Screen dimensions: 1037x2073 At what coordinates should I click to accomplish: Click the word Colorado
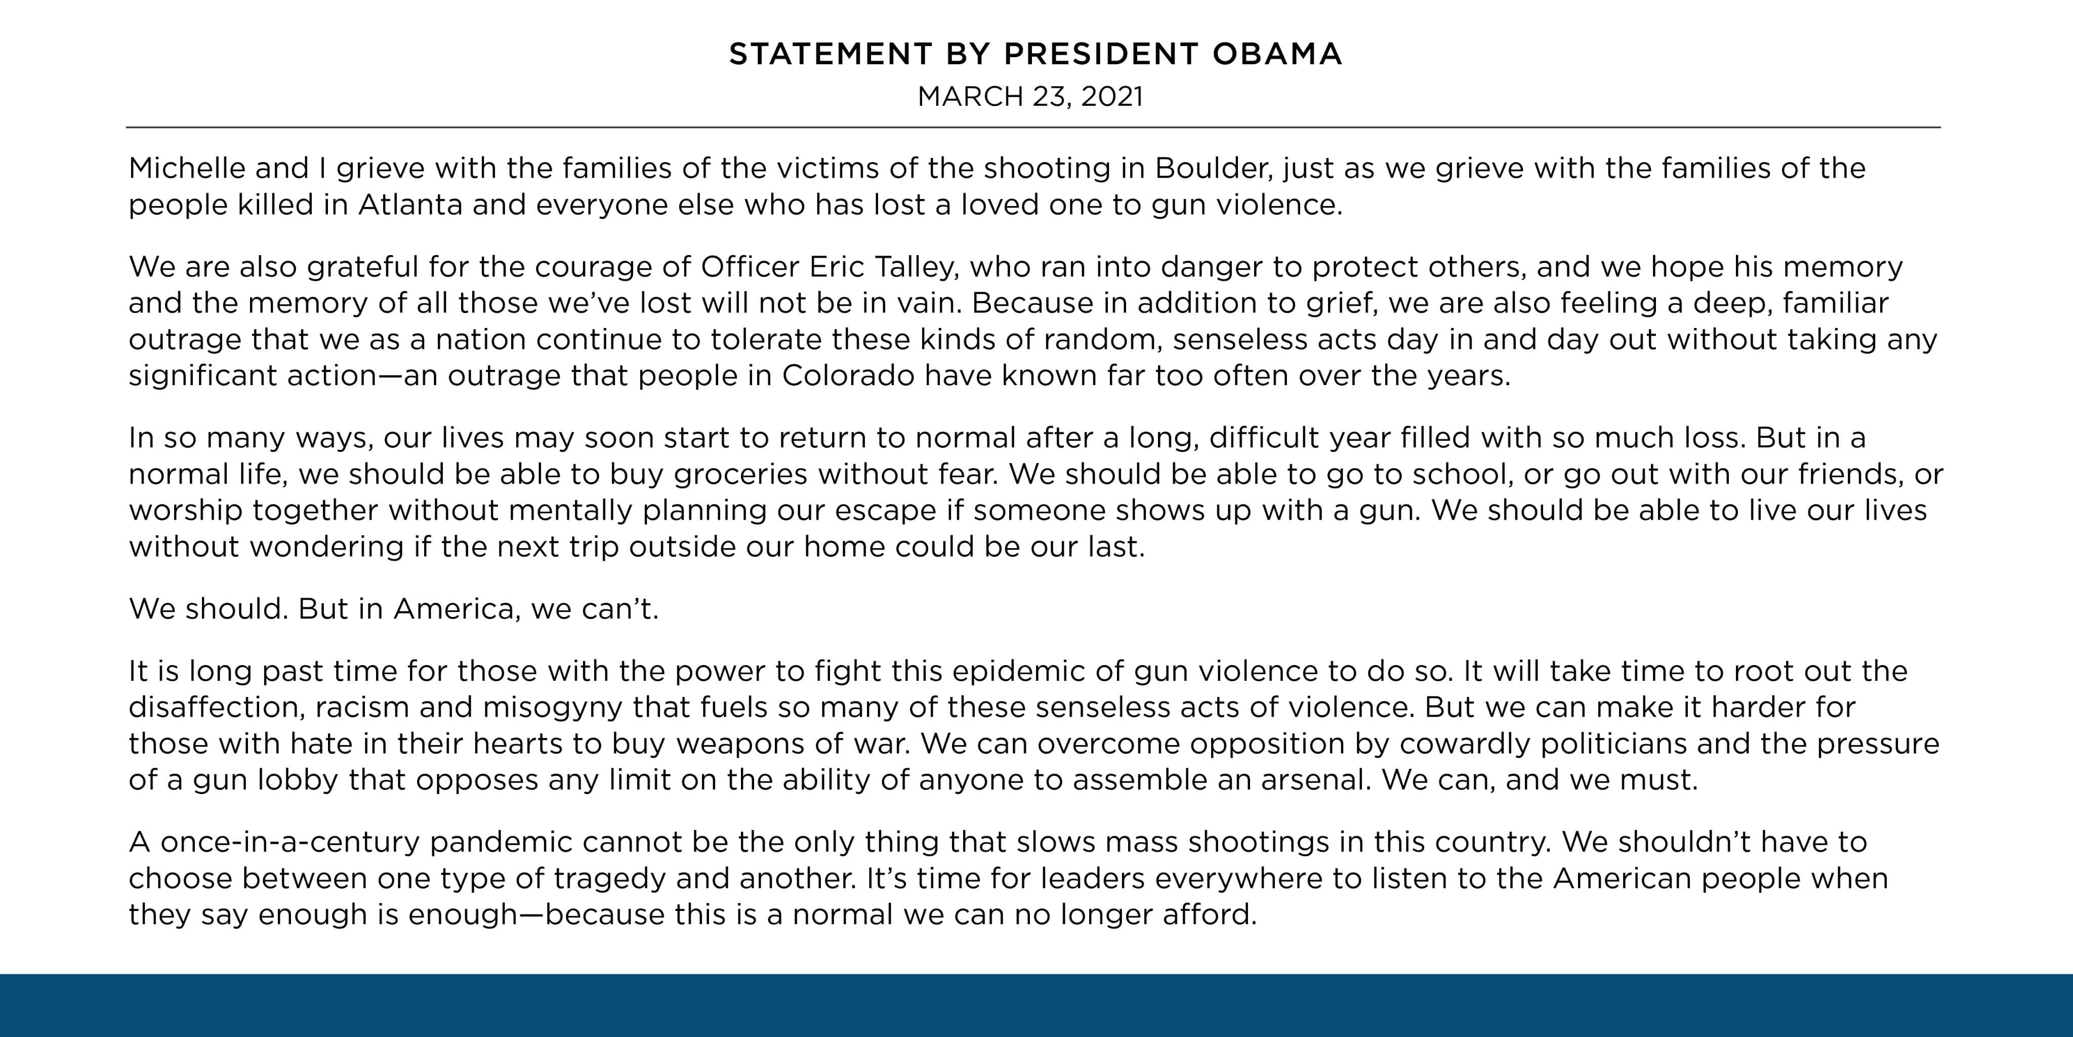click(847, 376)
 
